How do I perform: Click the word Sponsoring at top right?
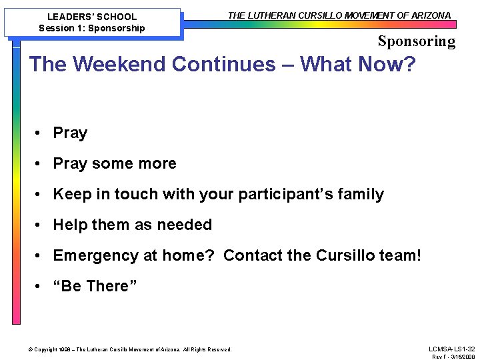(x=417, y=41)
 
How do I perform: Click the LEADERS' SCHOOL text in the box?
(x=92, y=17)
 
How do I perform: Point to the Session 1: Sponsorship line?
(x=92, y=28)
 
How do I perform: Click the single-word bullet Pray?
(x=70, y=133)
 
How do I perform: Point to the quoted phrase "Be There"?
(x=95, y=287)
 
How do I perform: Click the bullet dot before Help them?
(x=41, y=225)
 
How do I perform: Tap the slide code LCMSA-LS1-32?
(x=452, y=349)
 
